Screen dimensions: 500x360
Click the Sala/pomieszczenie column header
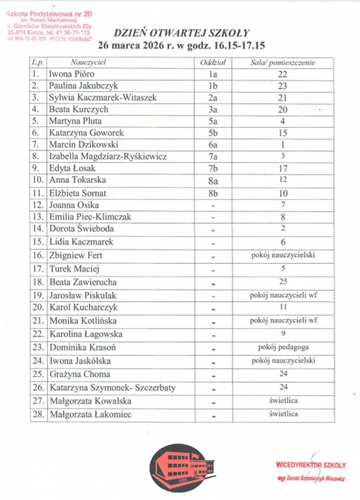coord(283,63)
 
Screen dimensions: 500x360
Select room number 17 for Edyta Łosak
coord(283,168)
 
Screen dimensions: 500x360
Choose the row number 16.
coord(38,255)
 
